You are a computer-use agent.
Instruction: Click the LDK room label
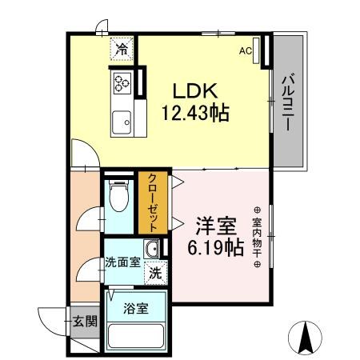(x=193, y=90)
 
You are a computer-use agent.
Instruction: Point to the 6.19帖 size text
(x=214, y=248)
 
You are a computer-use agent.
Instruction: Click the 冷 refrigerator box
(x=122, y=50)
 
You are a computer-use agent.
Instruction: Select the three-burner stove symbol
(x=122, y=82)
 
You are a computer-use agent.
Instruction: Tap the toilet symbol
(x=118, y=196)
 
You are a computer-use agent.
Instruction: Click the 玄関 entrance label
(x=85, y=322)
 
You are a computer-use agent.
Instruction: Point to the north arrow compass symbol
(x=305, y=337)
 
